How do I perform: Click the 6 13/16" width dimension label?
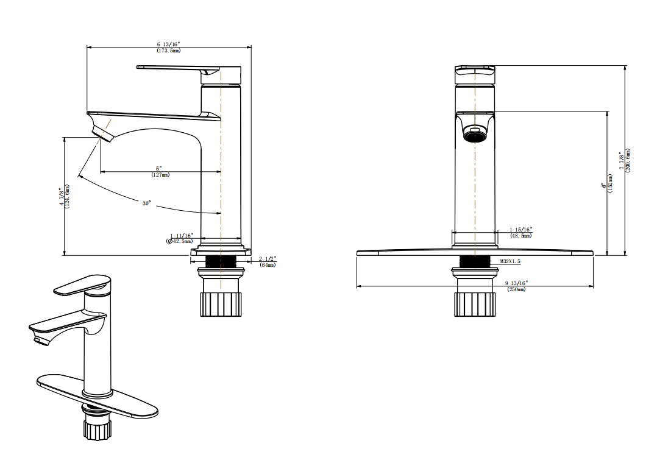point(169,44)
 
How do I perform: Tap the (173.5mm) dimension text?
point(169,51)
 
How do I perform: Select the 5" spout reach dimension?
point(160,168)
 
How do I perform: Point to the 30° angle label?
point(146,203)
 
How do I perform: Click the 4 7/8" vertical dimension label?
point(62,197)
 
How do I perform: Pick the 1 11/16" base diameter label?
point(181,235)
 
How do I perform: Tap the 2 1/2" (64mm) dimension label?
point(267,258)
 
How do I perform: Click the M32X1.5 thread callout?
point(510,261)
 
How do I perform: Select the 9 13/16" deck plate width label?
point(517,283)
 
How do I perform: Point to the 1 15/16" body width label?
point(520,230)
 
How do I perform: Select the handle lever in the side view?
point(177,68)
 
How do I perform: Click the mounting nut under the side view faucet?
point(221,303)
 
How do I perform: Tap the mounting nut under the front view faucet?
point(474,304)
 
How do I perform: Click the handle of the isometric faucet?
point(79,285)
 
